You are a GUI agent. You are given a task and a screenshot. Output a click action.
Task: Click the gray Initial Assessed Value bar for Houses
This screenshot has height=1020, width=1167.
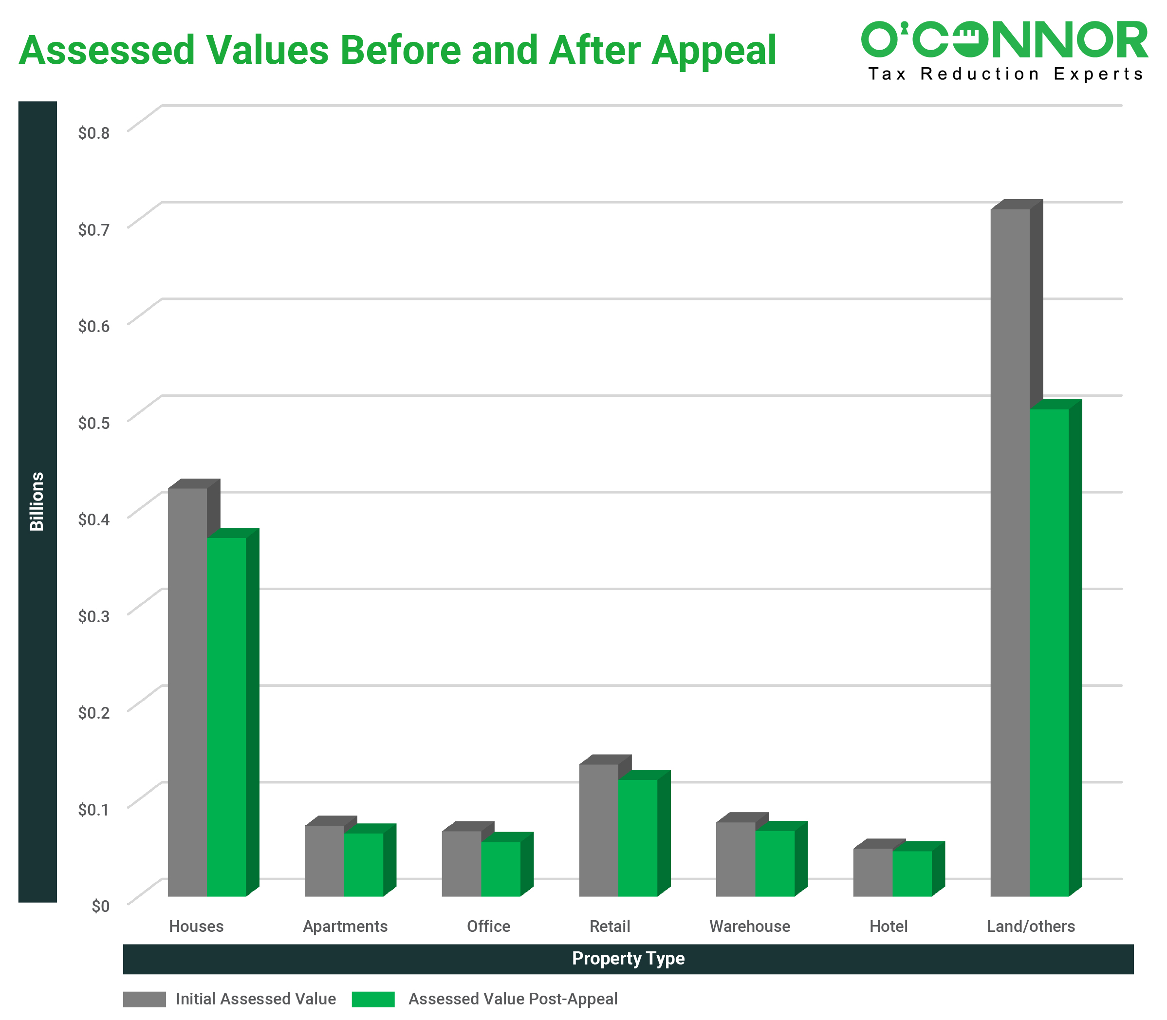pyautogui.click(x=187, y=691)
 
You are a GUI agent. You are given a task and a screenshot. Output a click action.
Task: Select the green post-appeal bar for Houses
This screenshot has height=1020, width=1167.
pyautogui.click(x=226, y=717)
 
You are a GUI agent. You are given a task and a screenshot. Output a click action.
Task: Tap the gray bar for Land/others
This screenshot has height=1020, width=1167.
pyautogui.click(x=1010, y=552)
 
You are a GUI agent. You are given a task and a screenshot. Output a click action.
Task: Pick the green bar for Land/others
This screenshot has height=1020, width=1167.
pyautogui.click(x=1049, y=652)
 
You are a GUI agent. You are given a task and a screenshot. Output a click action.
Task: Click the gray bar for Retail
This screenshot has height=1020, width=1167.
pyautogui.click(x=598, y=830)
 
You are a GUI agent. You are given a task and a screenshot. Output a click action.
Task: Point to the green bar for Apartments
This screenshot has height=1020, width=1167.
pyautogui.click(x=363, y=864)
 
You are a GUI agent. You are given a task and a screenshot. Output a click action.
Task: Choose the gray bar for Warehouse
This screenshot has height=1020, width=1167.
pyautogui.click(x=736, y=859)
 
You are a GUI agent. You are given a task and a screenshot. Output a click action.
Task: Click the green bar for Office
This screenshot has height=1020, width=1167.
pyautogui.click(x=500, y=869)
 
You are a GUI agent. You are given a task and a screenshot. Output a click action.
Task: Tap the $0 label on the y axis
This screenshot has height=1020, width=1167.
pyautogui.click(x=100, y=906)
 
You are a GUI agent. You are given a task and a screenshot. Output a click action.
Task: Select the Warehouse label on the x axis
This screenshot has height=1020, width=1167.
pyautogui.click(x=749, y=926)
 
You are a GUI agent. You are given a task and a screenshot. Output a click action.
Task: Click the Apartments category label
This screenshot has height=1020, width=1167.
pyautogui.click(x=345, y=926)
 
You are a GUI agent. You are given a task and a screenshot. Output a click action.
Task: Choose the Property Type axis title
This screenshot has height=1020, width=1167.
pyautogui.click(x=628, y=959)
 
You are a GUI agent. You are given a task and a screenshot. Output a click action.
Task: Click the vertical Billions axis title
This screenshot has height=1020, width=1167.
pyautogui.click(x=37, y=501)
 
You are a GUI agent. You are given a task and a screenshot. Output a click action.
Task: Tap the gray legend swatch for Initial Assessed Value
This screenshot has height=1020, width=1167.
pyautogui.click(x=144, y=999)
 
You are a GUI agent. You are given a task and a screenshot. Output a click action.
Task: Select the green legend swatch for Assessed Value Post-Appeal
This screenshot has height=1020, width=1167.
pyautogui.click(x=373, y=999)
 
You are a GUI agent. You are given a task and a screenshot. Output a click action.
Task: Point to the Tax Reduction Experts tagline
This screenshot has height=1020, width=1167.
pyautogui.click(x=1005, y=74)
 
